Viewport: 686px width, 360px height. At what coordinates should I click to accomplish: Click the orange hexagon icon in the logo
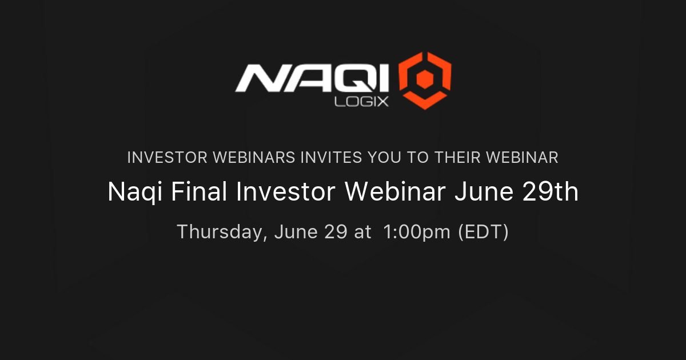point(425,81)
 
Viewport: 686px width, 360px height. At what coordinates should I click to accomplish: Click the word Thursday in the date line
point(221,233)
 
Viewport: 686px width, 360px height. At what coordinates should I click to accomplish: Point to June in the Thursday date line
point(296,233)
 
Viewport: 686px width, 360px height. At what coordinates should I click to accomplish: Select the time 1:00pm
point(418,233)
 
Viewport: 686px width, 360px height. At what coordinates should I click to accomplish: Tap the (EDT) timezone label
point(484,233)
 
